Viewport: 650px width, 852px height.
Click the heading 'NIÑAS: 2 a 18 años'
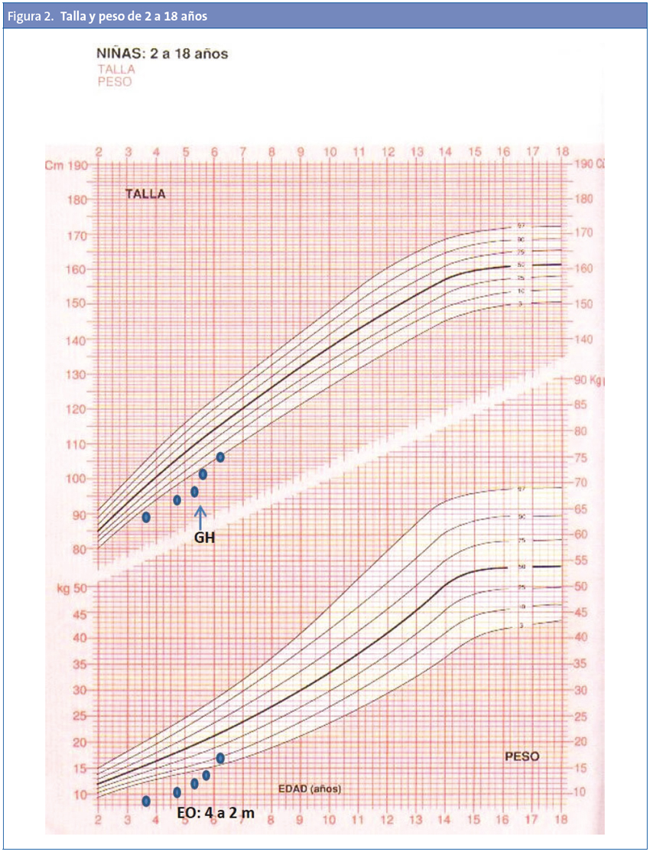[161, 54]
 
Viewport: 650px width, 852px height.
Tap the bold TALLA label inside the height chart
[145, 194]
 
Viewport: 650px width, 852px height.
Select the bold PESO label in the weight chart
[522, 756]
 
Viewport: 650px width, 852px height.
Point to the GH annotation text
[203, 538]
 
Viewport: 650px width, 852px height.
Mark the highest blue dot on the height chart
[220, 457]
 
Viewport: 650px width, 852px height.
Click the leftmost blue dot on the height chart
[146, 517]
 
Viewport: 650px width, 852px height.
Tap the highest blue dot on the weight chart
[220, 758]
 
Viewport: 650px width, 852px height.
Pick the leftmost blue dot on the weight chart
[146, 801]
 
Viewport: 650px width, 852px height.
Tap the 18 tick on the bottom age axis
[562, 820]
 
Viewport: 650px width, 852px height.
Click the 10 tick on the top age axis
[330, 152]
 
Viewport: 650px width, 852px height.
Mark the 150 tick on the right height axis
[583, 304]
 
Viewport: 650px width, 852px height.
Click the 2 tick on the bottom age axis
[98, 820]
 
